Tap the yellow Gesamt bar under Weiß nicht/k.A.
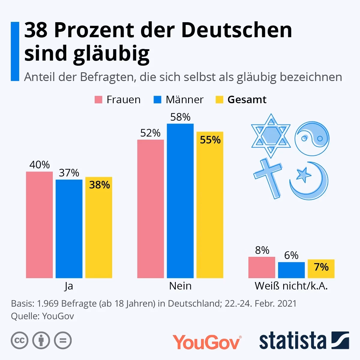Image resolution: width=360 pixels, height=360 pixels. click(321, 268)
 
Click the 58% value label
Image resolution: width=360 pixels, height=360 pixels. click(180, 117)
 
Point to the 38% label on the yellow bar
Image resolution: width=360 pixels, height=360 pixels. click(99, 185)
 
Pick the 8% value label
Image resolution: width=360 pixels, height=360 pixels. click(262, 250)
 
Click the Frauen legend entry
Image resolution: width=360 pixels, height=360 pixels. click(118, 100)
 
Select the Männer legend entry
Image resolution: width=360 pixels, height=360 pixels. click(178, 100)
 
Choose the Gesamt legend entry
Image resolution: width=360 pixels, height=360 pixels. click(241, 100)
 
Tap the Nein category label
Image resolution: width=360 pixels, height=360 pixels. click(180, 286)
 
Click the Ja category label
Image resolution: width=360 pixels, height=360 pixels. click(69, 286)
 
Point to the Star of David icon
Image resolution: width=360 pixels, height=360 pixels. click(271, 136)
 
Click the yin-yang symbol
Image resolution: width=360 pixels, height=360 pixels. click(312, 138)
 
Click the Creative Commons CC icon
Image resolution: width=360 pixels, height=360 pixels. click(19, 340)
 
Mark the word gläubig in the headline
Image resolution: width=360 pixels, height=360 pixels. click(111, 54)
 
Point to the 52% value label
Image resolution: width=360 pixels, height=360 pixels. click(150, 133)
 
